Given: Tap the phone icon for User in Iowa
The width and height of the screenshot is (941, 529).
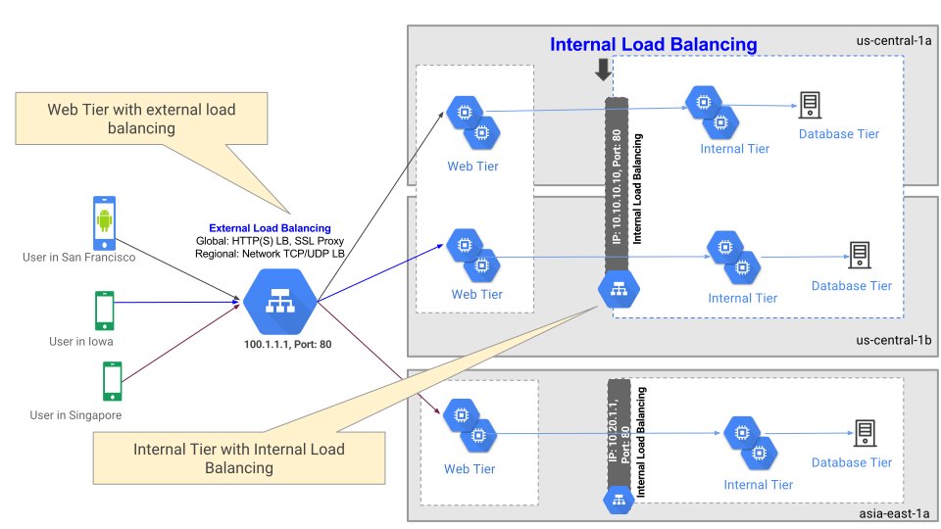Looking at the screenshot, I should coord(105,311).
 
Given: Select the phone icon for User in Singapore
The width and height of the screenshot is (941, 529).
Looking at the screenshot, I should coord(113,381).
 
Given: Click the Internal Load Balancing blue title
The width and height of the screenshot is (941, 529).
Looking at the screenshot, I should coord(653,44).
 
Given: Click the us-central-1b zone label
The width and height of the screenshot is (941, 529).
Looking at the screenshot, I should coord(885,340).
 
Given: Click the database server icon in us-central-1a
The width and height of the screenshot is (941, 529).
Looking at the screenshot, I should coord(810,104).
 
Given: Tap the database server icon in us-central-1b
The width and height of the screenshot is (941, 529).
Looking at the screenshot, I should coord(859,255).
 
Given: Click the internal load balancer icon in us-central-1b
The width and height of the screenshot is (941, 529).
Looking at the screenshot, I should coord(619,287).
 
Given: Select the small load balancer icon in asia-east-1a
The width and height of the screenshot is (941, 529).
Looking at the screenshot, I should coord(618,501).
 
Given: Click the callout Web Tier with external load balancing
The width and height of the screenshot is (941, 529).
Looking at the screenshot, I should coord(141,119).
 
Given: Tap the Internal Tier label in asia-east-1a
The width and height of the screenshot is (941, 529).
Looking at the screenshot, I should coord(758,484).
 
